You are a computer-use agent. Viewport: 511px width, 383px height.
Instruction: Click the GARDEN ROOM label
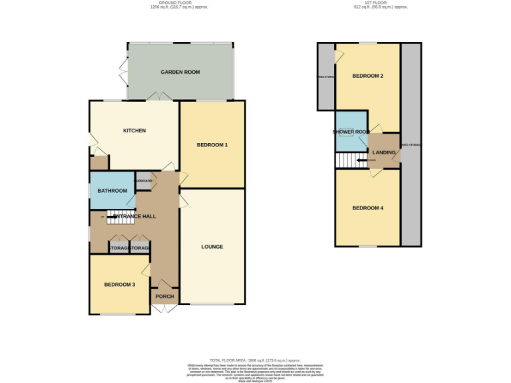[180, 72]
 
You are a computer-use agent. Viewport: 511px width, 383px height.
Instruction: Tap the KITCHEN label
[134, 130]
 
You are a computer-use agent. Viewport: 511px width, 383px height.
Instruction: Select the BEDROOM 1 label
[212, 145]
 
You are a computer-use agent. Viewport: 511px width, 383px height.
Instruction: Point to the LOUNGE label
[212, 247]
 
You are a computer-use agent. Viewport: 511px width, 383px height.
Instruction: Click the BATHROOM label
[112, 191]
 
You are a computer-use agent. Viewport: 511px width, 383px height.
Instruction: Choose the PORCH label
[164, 297]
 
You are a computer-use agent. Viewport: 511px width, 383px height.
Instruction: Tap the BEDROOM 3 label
[119, 285]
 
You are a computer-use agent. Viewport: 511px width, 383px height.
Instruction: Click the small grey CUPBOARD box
[144, 181]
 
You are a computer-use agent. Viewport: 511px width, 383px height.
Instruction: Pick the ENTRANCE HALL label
[133, 217]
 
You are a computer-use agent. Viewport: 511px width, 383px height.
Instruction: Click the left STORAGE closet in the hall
[119, 247]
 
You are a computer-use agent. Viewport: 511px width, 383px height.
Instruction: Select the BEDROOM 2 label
[367, 76]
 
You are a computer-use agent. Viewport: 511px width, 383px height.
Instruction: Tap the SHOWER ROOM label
[351, 132]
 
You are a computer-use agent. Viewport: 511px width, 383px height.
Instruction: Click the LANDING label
[384, 153]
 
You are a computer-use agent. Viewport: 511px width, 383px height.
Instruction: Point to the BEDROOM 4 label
[367, 208]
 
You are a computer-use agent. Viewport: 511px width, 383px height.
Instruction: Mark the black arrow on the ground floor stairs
[112, 216]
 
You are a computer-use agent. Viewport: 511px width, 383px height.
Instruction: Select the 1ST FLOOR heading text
[380, 3]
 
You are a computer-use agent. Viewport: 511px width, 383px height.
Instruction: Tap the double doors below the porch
[164, 309]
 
